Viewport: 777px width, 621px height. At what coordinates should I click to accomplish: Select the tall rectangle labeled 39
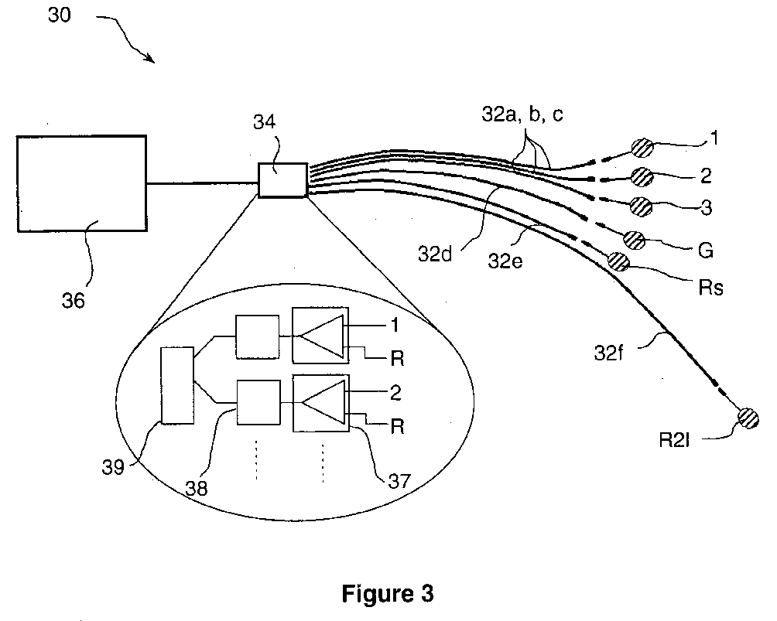(x=177, y=385)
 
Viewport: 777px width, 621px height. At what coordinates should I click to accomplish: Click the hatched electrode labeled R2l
(x=748, y=418)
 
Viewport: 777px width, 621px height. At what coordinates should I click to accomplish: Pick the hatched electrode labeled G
(x=634, y=241)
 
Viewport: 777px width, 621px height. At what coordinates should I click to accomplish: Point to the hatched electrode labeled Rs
(x=618, y=261)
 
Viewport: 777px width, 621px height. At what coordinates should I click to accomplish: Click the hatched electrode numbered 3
(x=641, y=206)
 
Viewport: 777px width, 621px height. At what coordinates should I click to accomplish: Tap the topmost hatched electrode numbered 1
(x=642, y=148)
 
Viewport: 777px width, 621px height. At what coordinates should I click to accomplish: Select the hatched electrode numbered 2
(x=642, y=177)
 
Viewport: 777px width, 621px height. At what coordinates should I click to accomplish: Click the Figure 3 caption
(x=388, y=592)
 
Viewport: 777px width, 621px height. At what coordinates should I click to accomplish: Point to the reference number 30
(x=60, y=15)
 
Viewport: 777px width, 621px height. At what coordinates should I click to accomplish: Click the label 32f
(x=609, y=353)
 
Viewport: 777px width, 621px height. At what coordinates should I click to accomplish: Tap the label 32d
(x=435, y=254)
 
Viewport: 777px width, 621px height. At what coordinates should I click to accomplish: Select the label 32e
(x=505, y=261)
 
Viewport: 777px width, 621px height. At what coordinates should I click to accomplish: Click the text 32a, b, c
(x=522, y=115)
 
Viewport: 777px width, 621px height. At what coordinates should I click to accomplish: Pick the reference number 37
(x=399, y=480)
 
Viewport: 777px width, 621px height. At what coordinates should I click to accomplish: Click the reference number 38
(x=197, y=488)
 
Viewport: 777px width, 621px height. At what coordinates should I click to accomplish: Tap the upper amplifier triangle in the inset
(x=322, y=336)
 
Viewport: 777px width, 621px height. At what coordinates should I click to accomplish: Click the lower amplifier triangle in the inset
(x=323, y=403)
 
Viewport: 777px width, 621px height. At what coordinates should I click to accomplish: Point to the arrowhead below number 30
(x=150, y=59)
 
